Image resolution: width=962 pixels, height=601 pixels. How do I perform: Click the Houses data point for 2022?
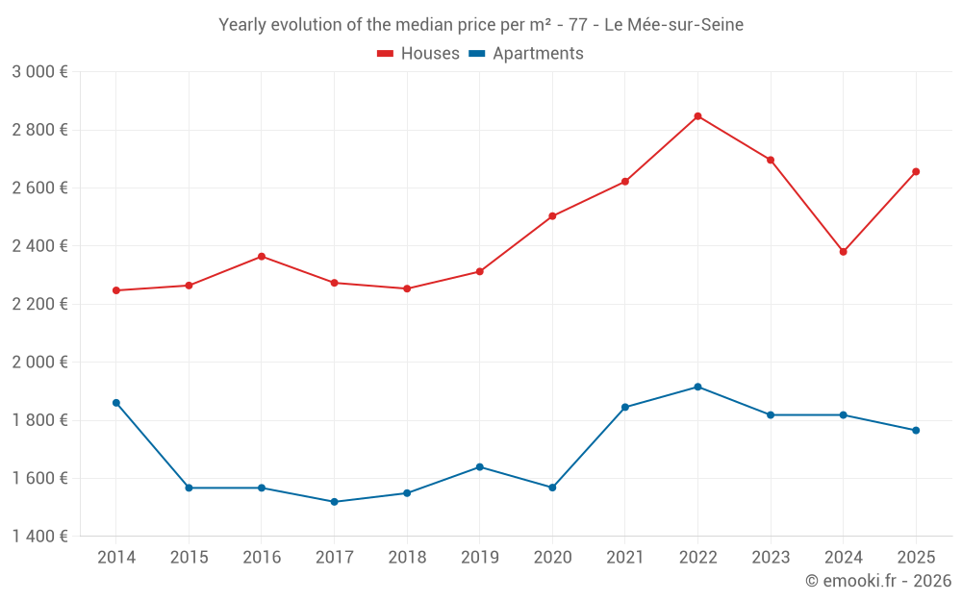click(x=697, y=116)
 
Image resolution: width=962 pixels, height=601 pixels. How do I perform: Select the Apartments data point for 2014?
click(x=116, y=403)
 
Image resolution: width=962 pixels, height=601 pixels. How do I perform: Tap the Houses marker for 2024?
click(x=843, y=252)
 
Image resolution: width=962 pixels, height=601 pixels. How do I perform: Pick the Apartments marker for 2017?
click(x=334, y=502)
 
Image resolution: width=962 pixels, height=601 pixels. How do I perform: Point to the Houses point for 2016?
click(x=262, y=257)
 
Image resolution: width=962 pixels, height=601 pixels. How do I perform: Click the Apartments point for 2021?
click(x=625, y=408)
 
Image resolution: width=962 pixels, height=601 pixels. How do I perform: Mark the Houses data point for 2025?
click(x=916, y=172)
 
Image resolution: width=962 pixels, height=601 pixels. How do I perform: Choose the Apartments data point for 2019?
click(x=479, y=467)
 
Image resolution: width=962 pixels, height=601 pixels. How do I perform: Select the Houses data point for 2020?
click(x=552, y=216)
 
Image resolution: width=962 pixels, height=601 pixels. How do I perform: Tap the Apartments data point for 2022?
click(x=697, y=388)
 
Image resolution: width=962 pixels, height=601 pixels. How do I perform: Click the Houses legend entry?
click(x=418, y=54)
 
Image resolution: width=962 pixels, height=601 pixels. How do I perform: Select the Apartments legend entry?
click(x=526, y=54)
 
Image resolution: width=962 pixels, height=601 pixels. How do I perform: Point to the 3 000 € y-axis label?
click(x=39, y=72)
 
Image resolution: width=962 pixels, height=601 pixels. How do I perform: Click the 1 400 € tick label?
click(x=39, y=537)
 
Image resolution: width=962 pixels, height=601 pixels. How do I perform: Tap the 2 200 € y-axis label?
click(x=39, y=304)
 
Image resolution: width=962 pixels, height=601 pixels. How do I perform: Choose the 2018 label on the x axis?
click(x=407, y=558)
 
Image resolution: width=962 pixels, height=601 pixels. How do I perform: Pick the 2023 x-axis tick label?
click(x=771, y=558)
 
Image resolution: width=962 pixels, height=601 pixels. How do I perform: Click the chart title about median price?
click(x=481, y=25)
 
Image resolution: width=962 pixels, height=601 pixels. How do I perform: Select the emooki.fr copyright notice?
click(x=877, y=581)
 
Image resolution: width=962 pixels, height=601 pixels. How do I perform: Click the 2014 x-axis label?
click(x=116, y=558)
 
